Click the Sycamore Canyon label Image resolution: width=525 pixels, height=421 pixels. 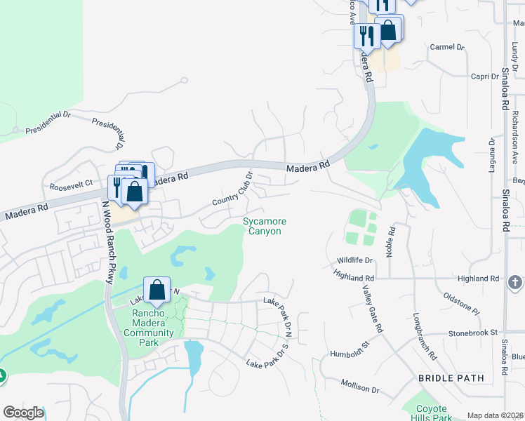pyautogui.click(x=265, y=227)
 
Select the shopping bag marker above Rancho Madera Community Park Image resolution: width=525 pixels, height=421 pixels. pyautogui.click(x=157, y=289)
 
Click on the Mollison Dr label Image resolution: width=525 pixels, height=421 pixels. pyautogui.click(x=360, y=386)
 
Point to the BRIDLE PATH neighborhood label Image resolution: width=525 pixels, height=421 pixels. pyautogui.click(x=451, y=378)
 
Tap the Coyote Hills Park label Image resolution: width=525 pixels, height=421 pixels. pyautogui.click(x=432, y=411)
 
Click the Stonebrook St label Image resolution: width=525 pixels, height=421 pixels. pyautogui.click(x=473, y=332)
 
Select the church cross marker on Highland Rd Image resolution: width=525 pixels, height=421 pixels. pyautogui.click(x=514, y=282)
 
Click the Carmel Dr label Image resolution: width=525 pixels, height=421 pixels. pyautogui.click(x=447, y=47)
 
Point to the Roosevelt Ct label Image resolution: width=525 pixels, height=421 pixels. pyautogui.click(x=72, y=185)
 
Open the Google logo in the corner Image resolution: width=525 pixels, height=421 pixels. pyautogui.click(x=23, y=413)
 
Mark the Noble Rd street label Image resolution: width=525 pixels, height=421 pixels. pyautogui.click(x=391, y=240)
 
